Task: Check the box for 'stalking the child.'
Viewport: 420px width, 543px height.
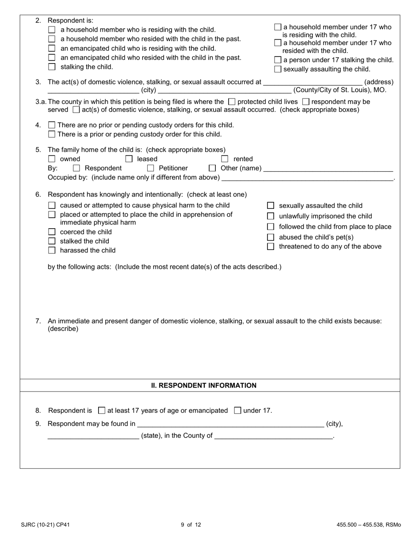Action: pos(52,67)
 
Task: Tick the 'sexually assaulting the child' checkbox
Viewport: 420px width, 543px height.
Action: pos(278,69)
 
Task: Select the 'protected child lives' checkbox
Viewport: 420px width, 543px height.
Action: pos(232,102)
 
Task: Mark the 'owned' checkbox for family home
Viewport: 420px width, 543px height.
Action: pos(52,159)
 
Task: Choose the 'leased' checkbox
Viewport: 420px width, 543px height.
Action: pos(129,159)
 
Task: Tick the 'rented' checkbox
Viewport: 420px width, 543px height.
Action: pos(225,159)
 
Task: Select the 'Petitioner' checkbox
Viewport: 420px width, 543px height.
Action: pos(150,168)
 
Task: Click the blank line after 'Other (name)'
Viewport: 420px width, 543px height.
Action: pos(328,170)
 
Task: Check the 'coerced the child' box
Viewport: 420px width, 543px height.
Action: pos(52,232)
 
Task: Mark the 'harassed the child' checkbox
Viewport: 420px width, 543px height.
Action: pos(52,251)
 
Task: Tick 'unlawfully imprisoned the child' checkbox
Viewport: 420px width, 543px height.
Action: pos(271,216)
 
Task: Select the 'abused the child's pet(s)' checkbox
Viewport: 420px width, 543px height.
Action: pos(271,237)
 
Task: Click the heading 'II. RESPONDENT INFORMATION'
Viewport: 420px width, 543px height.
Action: pos(204,385)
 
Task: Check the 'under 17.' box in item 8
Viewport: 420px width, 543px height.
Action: pos(237,411)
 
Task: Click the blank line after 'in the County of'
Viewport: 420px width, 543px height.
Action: pos(274,437)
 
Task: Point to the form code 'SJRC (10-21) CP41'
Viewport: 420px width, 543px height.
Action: pos(45,525)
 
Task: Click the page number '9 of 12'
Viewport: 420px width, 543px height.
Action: pos(191,525)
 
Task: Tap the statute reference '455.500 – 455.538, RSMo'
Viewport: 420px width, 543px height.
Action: pos(369,525)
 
